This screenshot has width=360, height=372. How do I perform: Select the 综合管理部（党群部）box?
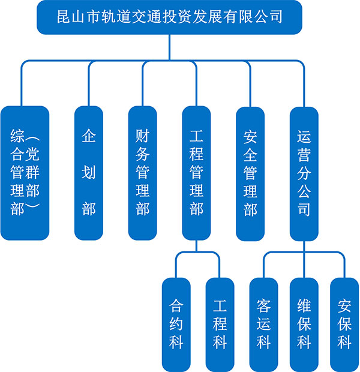click(25, 173)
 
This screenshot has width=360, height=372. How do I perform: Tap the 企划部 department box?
click(88, 173)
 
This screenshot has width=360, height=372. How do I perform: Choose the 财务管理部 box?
click(142, 173)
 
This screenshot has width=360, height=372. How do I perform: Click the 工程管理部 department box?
click(196, 173)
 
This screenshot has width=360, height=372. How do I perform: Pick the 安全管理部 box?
click(250, 173)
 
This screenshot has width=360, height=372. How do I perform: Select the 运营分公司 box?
click(304, 173)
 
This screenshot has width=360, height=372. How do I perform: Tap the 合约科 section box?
click(176, 325)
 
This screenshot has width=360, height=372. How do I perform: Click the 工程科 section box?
click(220, 325)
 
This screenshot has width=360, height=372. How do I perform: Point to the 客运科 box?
click(263, 325)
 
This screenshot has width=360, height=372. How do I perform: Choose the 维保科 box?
click(304, 325)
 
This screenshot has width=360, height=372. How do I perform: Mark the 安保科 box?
click(344, 325)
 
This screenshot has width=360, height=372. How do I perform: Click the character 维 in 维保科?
click(304, 306)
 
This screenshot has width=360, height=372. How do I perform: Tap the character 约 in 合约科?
click(176, 325)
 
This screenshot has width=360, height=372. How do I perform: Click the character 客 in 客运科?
click(263, 306)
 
